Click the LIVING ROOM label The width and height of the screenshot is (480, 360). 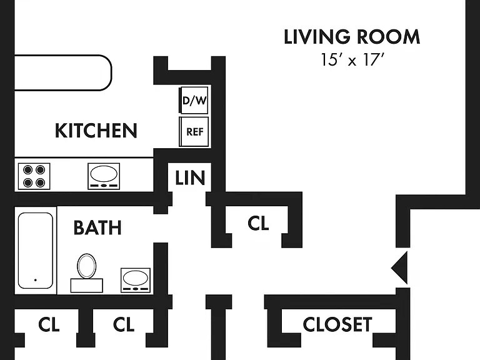click(352, 37)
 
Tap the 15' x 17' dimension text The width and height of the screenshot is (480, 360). click(352, 60)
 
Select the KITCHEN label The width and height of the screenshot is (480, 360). click(96, 131)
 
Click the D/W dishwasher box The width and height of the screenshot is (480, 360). click(194, 100)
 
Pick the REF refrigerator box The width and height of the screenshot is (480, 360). click(194, 132)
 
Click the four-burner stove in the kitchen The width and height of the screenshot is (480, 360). click(34, 176)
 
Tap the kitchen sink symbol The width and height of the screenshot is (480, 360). click(104, 176)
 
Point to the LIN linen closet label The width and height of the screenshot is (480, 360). click(190, 178)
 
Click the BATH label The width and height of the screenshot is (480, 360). click(97, 227)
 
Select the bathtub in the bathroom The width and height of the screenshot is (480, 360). click(36, 251)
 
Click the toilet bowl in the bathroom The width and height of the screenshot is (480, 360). click(87, 266)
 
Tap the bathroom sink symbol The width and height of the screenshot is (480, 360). click(136, 280)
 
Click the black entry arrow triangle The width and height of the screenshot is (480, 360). click(399, 268)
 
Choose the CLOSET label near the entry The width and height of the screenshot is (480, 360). click(337, 324)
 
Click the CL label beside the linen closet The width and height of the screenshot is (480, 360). click(258, 223)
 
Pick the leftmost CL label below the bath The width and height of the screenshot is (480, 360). click(49, 324)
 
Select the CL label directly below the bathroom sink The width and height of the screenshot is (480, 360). click(124, 324)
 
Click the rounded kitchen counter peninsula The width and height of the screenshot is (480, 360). click(62, 73)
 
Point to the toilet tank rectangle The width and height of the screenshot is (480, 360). click(87, 285)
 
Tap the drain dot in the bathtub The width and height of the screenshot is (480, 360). click(36, 280)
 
